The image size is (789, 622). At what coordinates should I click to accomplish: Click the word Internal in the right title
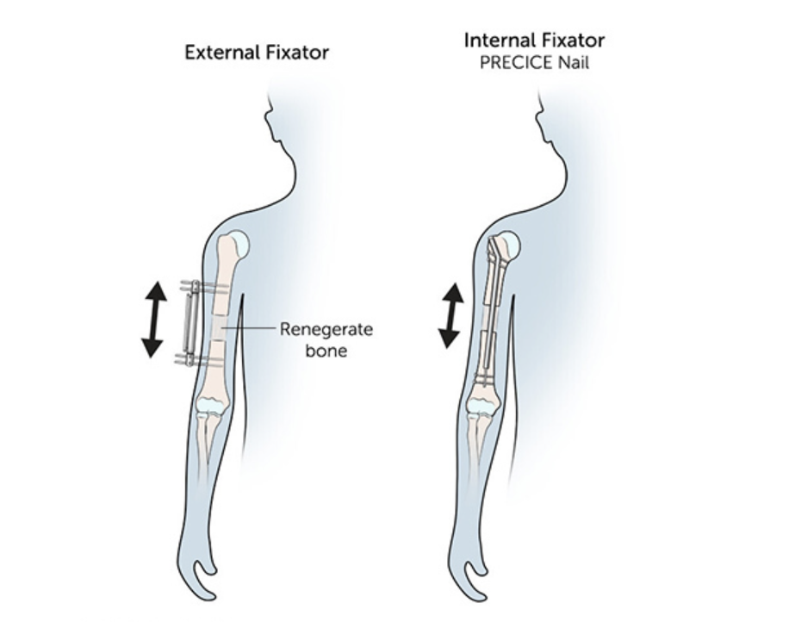pos(496,40)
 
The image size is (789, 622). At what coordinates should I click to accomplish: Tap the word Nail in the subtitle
pos(572,63)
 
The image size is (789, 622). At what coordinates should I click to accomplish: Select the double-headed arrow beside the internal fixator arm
pos(450,315)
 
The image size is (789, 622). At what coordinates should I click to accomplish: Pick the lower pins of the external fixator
pos(202,358)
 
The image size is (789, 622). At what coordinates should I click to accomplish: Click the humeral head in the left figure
pos(239,246)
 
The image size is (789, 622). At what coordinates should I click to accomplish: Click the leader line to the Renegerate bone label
pos(250,328)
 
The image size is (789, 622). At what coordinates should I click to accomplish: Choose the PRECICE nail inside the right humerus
pos(489,310)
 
